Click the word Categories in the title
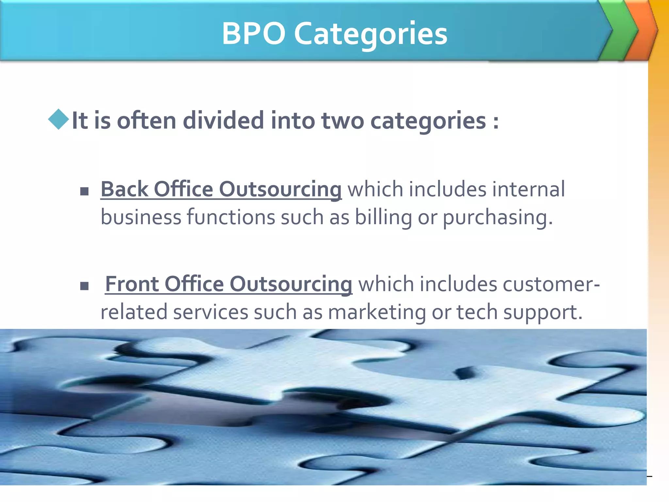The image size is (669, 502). click(370, 34)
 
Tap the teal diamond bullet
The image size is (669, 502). click(58, 119)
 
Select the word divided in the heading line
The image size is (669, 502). click(223, 120)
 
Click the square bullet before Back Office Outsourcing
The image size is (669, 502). click(84, 191)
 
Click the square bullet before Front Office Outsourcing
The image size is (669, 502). click(84, 286)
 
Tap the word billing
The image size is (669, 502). click(383, 217)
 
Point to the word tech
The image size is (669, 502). click(477, 312)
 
